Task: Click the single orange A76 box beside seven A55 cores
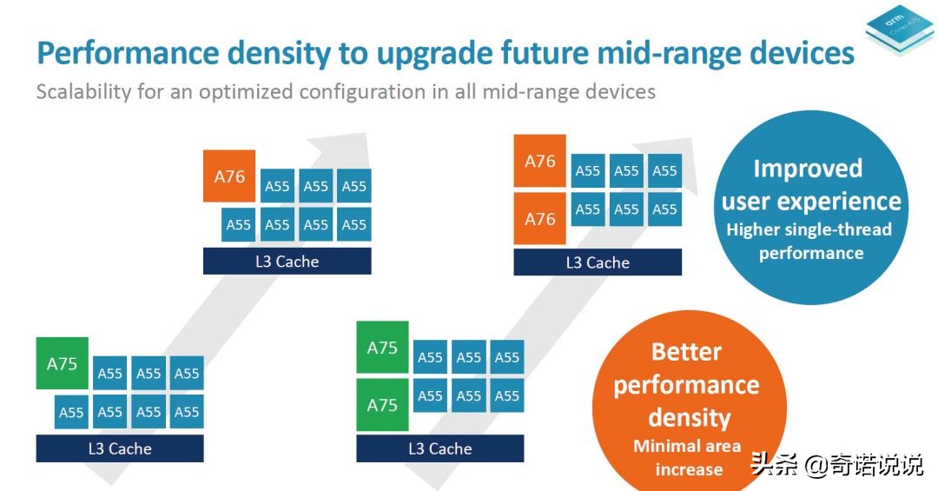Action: [229, 176]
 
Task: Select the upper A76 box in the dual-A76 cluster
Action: [539, 161]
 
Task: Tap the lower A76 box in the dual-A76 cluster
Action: [539, 218]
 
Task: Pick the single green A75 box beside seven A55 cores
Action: [62, 363]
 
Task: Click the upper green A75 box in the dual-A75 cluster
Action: [382, 348]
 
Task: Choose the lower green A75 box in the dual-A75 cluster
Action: [382, 405]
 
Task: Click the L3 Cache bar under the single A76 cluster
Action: [287, 261]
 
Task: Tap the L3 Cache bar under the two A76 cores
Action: [598, 262]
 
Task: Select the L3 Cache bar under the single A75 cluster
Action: [120, 448]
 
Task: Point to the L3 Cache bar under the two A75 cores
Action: [440, 448]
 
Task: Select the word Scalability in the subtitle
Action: [83, 91]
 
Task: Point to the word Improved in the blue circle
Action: [808, 169]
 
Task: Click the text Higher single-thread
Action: [809, 230]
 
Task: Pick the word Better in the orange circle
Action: [686, 352]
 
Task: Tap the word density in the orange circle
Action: [689, 418]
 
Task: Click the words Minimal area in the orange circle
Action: [687, 447]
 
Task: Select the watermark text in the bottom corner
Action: [836, 467]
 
